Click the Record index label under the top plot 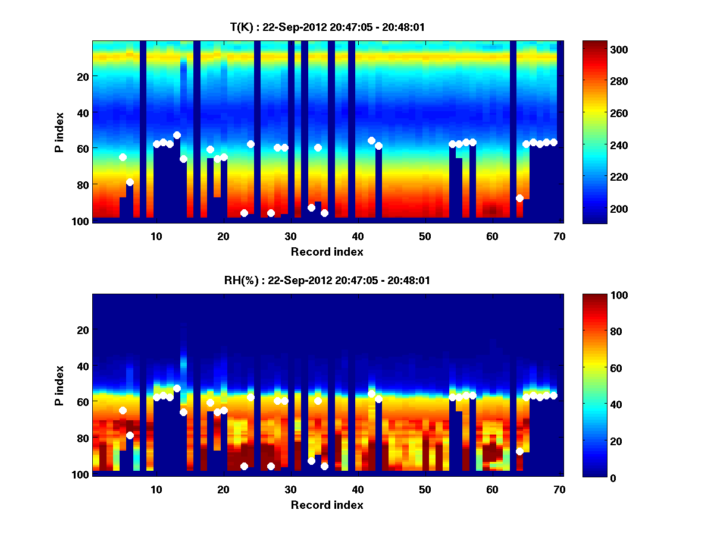(327, 251)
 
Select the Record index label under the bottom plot (327, 505)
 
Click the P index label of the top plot (59, 133)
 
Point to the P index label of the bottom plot (59, 386)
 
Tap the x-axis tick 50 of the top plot (425, 236)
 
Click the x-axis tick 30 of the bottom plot (290, 489)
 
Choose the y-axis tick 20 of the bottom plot (83, 330)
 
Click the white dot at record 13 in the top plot (177, 135)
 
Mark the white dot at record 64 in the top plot (519, 198)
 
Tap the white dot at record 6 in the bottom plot (130, 435)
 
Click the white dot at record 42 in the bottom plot (371, 394)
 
